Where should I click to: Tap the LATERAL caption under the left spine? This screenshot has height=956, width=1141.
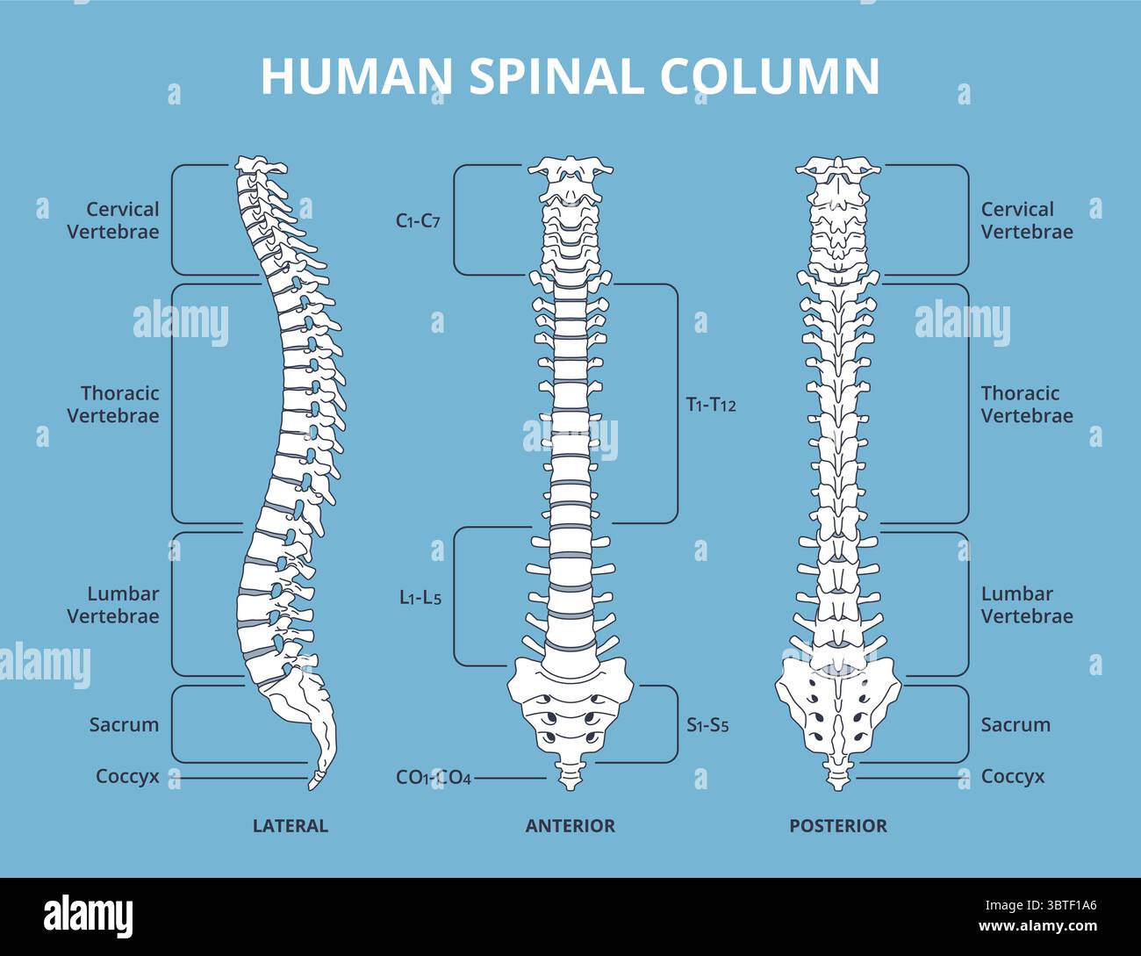[x=290, y=826]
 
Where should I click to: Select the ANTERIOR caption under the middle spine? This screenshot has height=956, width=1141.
[x=570, y=826]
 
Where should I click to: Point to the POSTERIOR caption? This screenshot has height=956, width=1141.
[x=838, y=826]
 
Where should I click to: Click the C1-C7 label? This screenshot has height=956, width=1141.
[x=418, y=221]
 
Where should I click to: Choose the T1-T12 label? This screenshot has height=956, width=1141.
[x=711, y=405]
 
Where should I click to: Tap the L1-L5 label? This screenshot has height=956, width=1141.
[x=420, y=599]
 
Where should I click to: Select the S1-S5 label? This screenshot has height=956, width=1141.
[x=707, y=726]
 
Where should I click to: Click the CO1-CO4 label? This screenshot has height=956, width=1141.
[x=434, y=778]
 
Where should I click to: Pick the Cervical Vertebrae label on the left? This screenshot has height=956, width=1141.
[x=114, y=220]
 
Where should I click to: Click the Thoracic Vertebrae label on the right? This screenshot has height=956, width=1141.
[x=1027, y=405]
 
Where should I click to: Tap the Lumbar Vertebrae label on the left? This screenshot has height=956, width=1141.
[x=114, y=605]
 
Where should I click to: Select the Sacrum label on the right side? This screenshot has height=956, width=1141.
[x=1015, y=725]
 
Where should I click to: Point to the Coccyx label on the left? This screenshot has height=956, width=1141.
[x=128, y=777]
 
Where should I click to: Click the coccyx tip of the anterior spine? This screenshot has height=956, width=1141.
[x=570, y=774]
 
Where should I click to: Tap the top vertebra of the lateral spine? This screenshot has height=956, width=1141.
[x=259, y=165]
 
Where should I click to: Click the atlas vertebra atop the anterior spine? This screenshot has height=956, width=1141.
[x=570, y=167]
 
